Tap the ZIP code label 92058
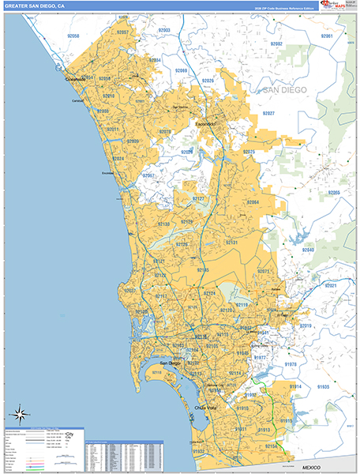pyautogui.click(x=74, y=36)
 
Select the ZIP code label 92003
pyautogui.click(x=164, y=30)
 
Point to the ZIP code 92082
pyautogui.click(x=276, y=44)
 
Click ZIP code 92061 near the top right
pyautogui.click(x=327, y=36)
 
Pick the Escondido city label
pyautogui.click(x=207, y=125)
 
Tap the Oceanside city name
pyautogui.click(x=76, y=79)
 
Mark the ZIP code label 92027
pyautogui.click(x=269, y=114)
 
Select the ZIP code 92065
pyautogui.click(x=334, y=192)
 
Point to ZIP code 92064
pyautogui.click(x=253, y=203)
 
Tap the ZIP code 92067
pyautogui.click(x=148, y=175)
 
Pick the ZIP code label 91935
pyautogui.click(x=323, y=387)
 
